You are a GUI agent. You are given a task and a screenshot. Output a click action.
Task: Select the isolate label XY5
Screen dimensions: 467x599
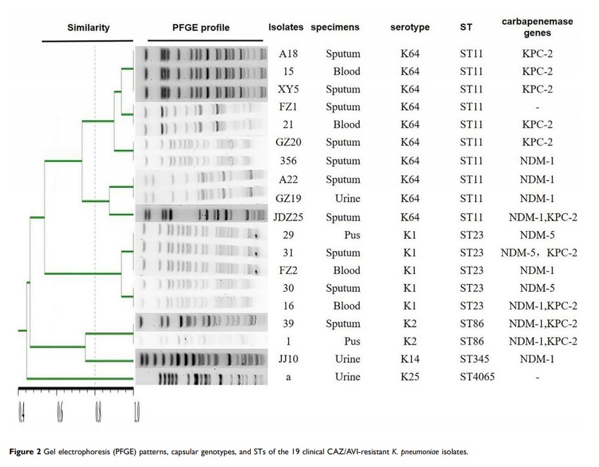pyautogui.click(x=287, y=89)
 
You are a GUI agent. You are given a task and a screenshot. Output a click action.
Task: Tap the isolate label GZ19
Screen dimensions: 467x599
pyautogui.click(x=287, y=199)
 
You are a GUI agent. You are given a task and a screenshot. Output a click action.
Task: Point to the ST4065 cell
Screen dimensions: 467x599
pyautogui.click(x=477, y=377)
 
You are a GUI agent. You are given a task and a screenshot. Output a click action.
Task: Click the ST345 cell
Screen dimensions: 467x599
pyautogui.click(x=475, y=359)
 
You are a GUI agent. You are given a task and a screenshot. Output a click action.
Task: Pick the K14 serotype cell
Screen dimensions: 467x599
pyautogui.click(x=410, y=359)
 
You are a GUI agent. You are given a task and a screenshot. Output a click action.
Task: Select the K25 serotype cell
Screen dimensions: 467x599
pyautogui.click(x=410, y=377)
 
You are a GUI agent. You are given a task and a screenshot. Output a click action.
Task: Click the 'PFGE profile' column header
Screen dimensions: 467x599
pyautogui.click(x=201, y=28)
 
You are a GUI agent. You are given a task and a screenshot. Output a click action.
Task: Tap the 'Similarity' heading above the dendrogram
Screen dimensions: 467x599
pyautogui.click(x=88, y=28)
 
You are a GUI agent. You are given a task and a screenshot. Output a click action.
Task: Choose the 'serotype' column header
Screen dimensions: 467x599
pyautogui.click(x=410, y=28)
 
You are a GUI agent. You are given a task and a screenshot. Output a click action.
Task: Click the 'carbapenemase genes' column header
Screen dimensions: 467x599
pyautogui.click(x=537, y=28)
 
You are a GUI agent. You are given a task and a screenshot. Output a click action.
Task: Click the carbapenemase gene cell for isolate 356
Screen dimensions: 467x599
pyautogui.click(x=538, y=161)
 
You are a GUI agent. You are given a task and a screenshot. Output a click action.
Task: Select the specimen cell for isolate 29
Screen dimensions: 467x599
pyautogui.click(x=343, y=233)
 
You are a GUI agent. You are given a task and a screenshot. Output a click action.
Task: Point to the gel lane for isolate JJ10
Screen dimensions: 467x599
pyautogui.click(x=202, y=360)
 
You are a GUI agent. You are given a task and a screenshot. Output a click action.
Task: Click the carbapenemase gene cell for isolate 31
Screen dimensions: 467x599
pyautogui.click(x=538, y=252)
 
